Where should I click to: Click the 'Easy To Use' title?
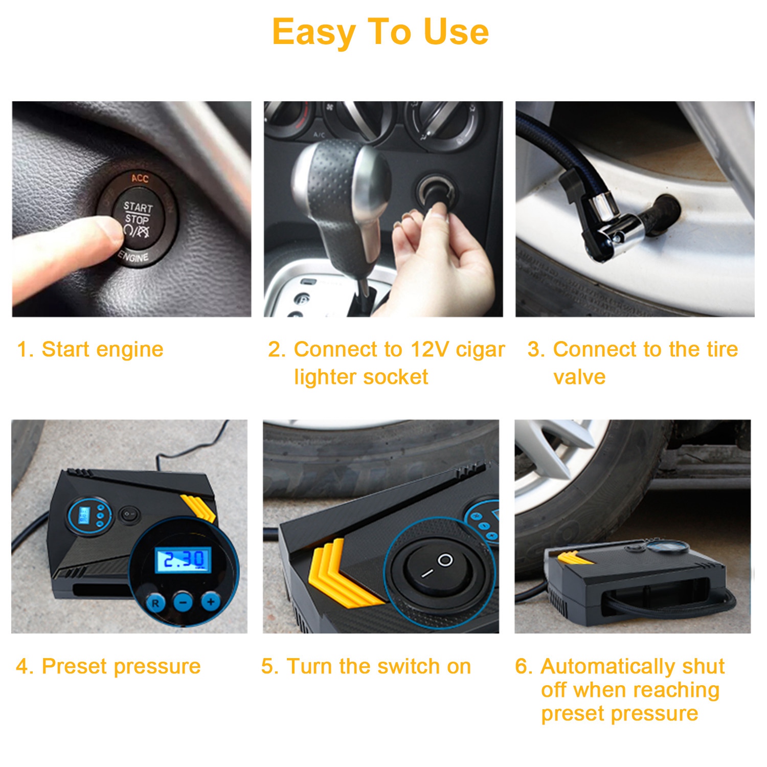[x=380, y=32]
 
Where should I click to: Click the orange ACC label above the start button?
[x=140, y=178]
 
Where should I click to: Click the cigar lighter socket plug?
[x=437, y=197]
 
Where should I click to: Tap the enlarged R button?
[x=155, y=603]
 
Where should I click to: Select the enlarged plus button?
[x=210, y=601]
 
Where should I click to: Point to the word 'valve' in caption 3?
[x=579, y=377]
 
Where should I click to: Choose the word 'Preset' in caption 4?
[x=75, y=666]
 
